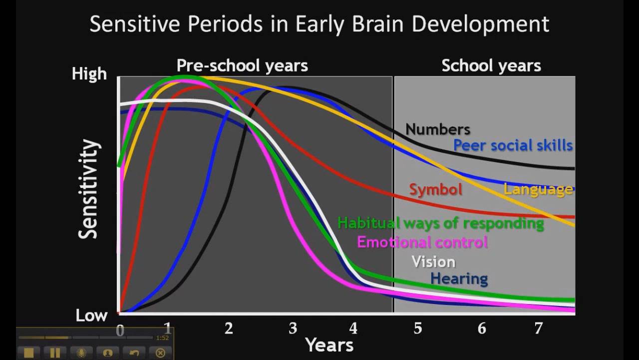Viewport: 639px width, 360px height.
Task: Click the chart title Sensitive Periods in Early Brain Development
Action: pos(319,24)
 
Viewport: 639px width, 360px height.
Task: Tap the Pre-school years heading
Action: pos(242,65)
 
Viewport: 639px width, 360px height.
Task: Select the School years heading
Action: pos(491,65)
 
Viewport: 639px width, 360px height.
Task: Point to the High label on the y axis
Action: pos(89,74)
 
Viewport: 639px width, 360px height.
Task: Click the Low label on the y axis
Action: pos(91,315)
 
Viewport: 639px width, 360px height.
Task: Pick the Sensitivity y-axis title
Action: pos(89,189)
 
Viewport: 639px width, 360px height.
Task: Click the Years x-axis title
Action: pos(329,345)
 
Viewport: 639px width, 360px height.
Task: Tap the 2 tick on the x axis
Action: pos(229,328)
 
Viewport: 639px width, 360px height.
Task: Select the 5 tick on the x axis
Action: pos(418,328)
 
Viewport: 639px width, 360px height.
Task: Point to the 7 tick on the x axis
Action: pos(538,328)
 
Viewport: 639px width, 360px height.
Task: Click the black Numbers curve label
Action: pos(438,129)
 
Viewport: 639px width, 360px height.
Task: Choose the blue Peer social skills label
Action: pos(513,145)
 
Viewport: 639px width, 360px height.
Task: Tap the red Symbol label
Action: pos(435,189)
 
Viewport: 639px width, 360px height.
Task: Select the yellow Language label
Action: pos(538,189)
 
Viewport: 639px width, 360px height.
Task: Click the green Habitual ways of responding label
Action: pos(440,223)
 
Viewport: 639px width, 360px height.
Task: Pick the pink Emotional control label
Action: pos(422,242)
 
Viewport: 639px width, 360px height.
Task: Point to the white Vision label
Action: pos(433,262)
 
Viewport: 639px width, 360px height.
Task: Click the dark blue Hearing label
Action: pos(459,278)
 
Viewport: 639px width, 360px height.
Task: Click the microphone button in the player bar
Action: pos(81,353)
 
